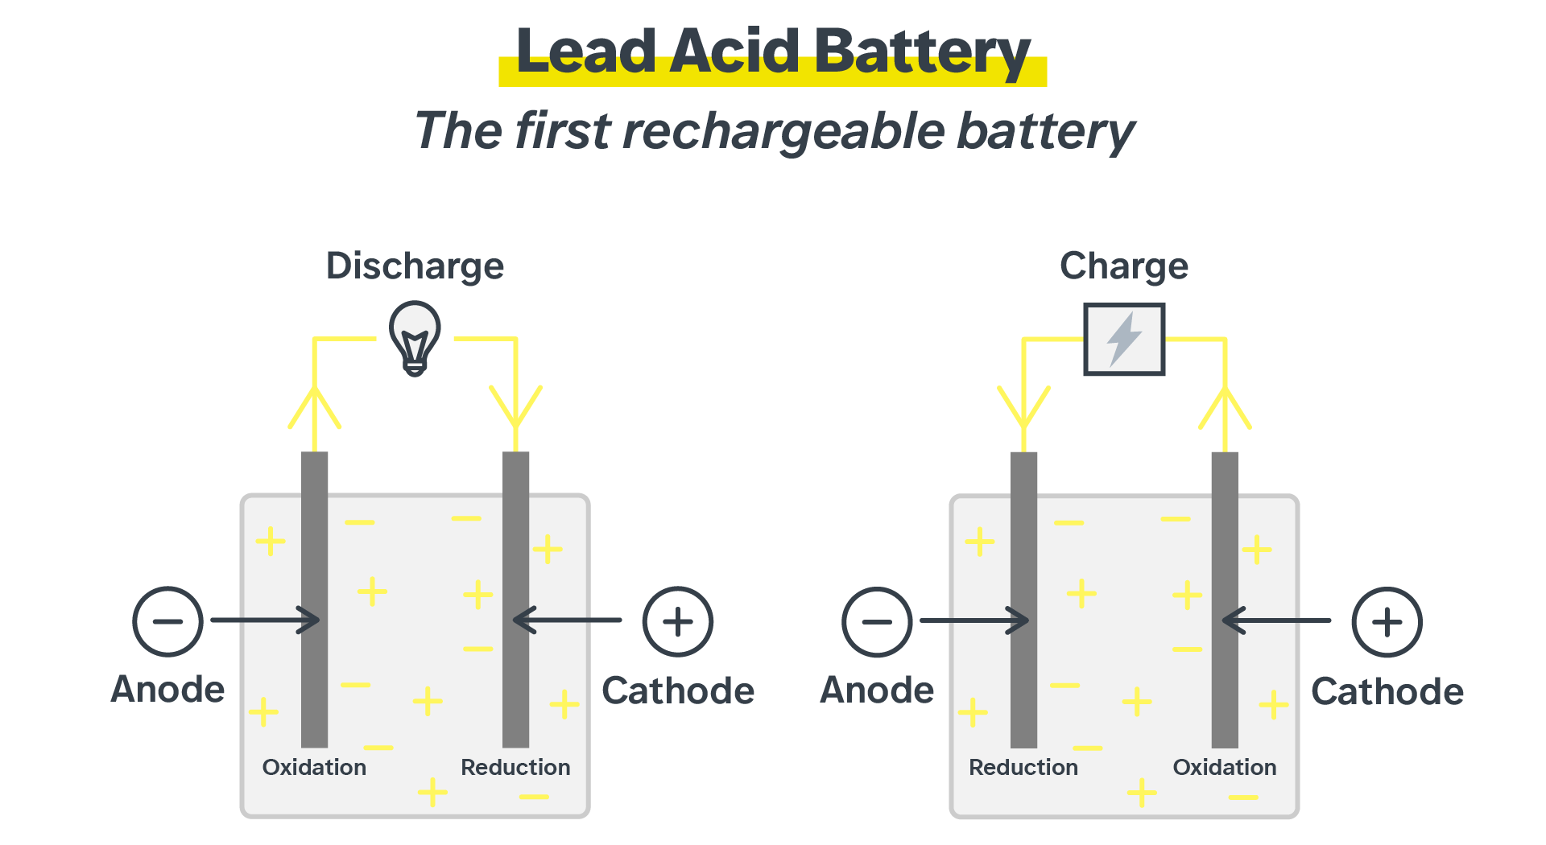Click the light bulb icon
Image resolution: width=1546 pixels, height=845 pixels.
pyautogui.click(x=415, y=338)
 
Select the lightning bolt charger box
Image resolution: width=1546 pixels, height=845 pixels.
pyautogui.click(x=1124, y=339)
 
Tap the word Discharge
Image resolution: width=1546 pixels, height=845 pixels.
pyautogui.click(x=415, y=266)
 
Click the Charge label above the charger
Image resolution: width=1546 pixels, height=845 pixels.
pyautogui.click(x=1124, y=266)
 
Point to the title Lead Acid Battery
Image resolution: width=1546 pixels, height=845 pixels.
pyautogui.click(x=773, y=52)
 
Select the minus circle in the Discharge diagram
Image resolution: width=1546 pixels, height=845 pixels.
pyautogui.click(x=167, y=621)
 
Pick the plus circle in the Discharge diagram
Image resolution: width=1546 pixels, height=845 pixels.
pyautogui.click(x=678, y=621)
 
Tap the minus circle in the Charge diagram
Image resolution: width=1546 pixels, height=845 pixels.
pyautogui.click(x=877, y=622)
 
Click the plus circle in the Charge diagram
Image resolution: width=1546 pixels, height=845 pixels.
pyautogui.click(x=1387, y=622)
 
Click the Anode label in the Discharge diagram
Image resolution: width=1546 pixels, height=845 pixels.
pyautogui.click(x=167, y=689)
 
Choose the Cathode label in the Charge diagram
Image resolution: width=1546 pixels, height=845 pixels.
pyautogui.click(x=1387, y=691)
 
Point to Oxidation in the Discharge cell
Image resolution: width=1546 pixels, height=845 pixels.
pyautogui.click(x=314, y=767)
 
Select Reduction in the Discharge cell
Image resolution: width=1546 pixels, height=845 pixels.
pyautogui.click(x=515, y=767)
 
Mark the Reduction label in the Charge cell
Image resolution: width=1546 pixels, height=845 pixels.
pyautogui.click(x=1023, y=767)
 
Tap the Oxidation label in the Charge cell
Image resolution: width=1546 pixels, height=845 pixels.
pyautogui.click(x=1225, y=767)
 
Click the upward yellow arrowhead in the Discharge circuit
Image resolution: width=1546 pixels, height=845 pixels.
pyautogui.click(x=314, y=406)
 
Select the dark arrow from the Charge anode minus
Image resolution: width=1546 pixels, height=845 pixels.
pyautogui.click(x=974, y=620)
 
